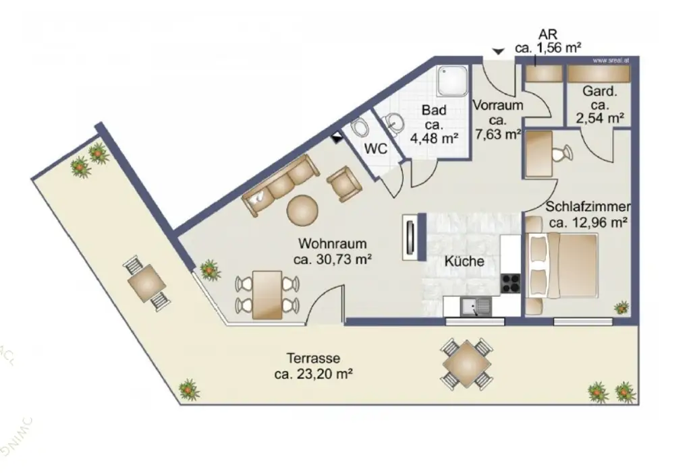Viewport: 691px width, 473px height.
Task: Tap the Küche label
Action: coord(464,261)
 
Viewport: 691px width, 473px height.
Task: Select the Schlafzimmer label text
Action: coord(588,207)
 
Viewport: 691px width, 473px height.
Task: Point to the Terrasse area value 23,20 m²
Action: coord(314,374)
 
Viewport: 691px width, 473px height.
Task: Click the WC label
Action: coord(376,150)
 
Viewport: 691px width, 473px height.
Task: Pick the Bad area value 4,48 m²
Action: coord(435,139)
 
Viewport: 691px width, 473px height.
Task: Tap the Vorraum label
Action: coord(498,106)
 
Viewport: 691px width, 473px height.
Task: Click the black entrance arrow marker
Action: coord(498,51)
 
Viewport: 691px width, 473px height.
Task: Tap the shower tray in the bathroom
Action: coord(451,81)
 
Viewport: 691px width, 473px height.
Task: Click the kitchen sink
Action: coord(476,307)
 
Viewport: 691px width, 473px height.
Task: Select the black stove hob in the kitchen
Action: coord(511,283)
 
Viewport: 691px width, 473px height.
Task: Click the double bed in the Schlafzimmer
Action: coord(563,264)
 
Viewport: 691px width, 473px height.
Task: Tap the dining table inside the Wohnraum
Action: coord(267,294)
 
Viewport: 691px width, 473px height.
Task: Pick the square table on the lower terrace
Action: coord(466,365)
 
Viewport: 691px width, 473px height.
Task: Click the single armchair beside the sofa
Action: coord(343,183)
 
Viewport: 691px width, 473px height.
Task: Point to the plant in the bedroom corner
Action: coord(621,308)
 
